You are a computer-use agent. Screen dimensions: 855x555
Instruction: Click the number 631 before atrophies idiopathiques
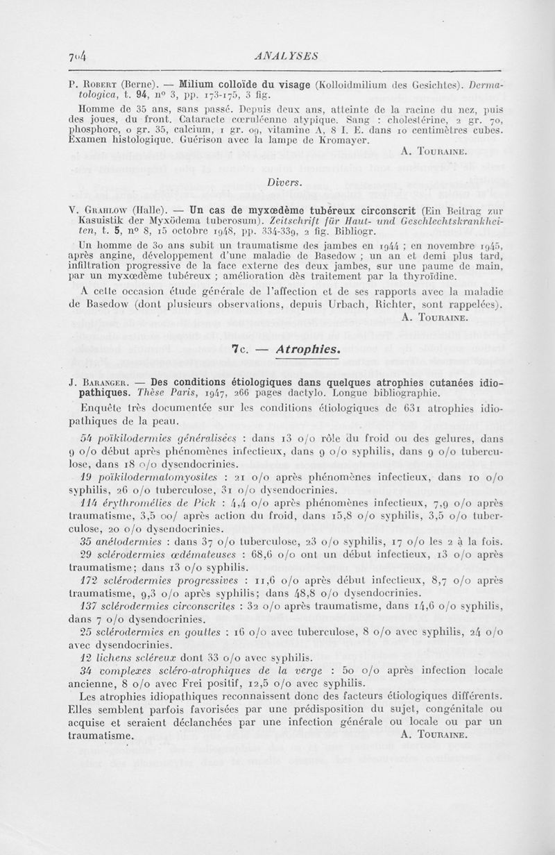(x=410, y=407)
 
